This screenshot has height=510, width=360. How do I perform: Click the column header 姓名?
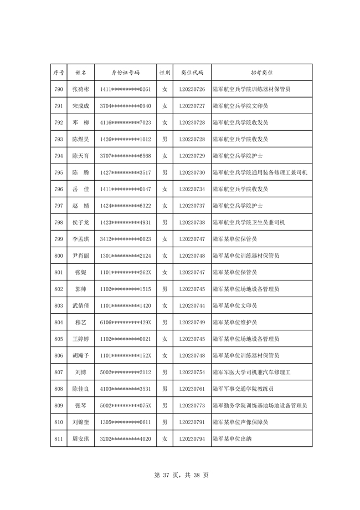[81, 73]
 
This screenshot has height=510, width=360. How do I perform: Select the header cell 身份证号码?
[125, 73]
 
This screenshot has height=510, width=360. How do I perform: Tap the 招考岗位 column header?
[261, 73]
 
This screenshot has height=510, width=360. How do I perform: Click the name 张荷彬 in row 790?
[81, 89]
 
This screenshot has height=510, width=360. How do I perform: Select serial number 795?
[58, 172]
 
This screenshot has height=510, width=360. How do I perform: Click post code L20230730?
[192, 172]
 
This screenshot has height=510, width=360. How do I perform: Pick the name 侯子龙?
[81, 222]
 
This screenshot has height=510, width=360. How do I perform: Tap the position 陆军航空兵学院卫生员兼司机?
[249, 222]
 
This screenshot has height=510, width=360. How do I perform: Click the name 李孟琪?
[81, 239]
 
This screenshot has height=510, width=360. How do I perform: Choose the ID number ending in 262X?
[125, 272]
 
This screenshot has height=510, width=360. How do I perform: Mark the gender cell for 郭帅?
[164, 289]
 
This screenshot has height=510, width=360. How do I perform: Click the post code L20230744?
[192, 305]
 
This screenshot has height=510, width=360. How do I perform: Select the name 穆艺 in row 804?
[81, 322]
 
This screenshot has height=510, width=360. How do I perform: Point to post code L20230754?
[192, 372]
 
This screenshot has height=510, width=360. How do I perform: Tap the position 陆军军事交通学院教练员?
[244, 389]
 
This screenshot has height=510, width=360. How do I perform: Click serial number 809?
[58, 405]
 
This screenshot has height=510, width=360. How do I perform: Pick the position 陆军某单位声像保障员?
[240, 422]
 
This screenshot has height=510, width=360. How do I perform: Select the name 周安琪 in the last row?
[81, 438]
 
